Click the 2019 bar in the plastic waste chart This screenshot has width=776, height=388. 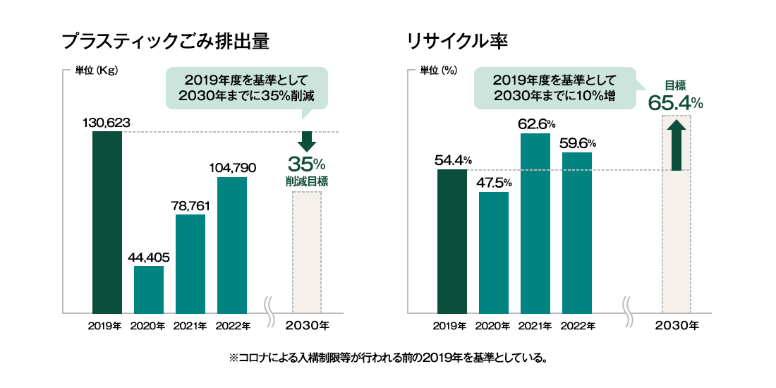coord(107,222)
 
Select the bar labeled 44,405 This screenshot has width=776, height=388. coord(148,289)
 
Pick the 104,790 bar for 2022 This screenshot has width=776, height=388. coord(232,245)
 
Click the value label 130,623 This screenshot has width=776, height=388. coord(107,123)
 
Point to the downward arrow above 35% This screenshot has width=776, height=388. coord(306,141)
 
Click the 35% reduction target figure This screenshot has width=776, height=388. coord(306,165)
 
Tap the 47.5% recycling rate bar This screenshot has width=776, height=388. coord(493,252)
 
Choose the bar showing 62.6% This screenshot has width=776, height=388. coord(535,223)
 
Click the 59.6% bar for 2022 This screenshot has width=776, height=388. coord(576,232)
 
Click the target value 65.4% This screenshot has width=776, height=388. coord(675,103)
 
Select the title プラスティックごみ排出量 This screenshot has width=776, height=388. coord(166,41)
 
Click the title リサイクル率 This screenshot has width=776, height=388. coord(457,41)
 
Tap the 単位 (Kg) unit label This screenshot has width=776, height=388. coord(96,71)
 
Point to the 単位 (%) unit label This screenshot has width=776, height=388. coord(439,71)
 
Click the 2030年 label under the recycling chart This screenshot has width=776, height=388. coord(677,326)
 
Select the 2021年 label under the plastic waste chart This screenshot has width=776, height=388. coord(190,326)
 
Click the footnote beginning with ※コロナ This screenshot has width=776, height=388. coord(388,358)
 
